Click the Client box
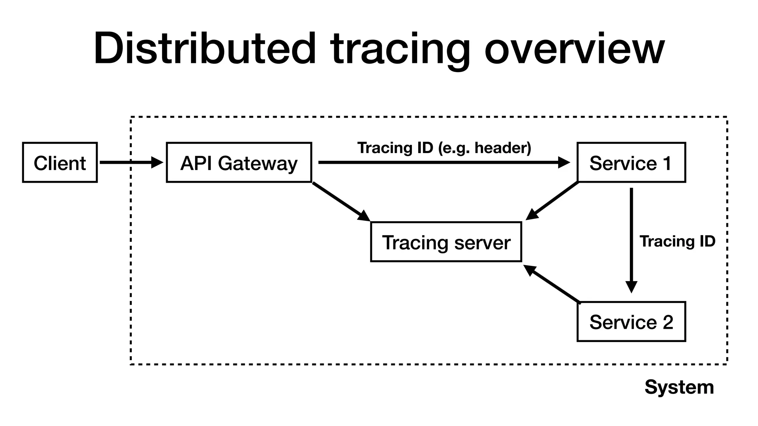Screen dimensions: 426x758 pyautogui.click(x=60, y=162)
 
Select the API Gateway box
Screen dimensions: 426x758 pyautogui.click(x=239, y=162)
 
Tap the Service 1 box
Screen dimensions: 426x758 pyautogui.click(x=631, y=162)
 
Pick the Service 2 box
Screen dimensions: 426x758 pyautogui.click(x=631, y=321)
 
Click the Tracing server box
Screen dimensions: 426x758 pyautogui.click(x=446, y=242)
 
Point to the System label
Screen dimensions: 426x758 pyautogui.click(x=679, y=387)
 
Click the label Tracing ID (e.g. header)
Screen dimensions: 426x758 pyautogui.click(x=444, y=148)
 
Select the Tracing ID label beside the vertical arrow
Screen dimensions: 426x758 pyautogui.click(x=677, y=241)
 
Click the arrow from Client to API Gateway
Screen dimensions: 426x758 pyautogui.click(x=130, y=162)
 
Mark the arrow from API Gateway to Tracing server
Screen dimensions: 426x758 pyautogui.click(x=341, y=201)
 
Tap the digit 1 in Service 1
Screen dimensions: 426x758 pyautogui.click(x=667, y=163)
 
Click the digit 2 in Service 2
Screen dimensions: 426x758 pyautogui.click(x=667, y=322)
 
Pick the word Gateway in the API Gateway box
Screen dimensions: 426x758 pyautogui.click(x=258, y=163)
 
